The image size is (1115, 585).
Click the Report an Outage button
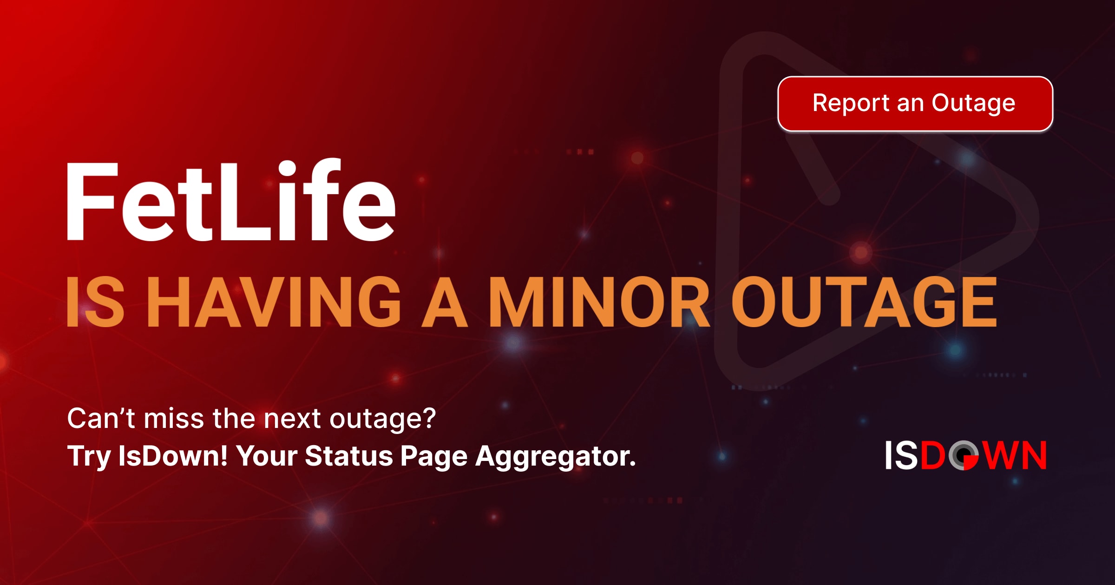[x=915, y=104]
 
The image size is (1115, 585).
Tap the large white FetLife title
[x=231, y=201]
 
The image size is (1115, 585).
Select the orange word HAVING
[x=276, y=302]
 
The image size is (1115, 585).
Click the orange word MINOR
[x=599, y=302]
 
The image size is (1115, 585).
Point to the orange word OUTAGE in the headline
[x=864, y=302]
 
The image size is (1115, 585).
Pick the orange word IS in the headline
[x=96, y=302]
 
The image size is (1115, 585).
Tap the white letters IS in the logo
[x=901, y=455]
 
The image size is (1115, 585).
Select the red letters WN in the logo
[x=1016, y=455]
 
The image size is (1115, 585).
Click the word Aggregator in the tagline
[x=555, y=456]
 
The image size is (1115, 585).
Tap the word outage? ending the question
[x=382, y=419]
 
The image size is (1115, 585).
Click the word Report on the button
[x=851, y=103]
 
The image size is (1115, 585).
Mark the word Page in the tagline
[x=434, y=456]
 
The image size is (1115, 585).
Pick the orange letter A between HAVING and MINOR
[x=444, y=302]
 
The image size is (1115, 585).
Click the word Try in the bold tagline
[x=89, y=456]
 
